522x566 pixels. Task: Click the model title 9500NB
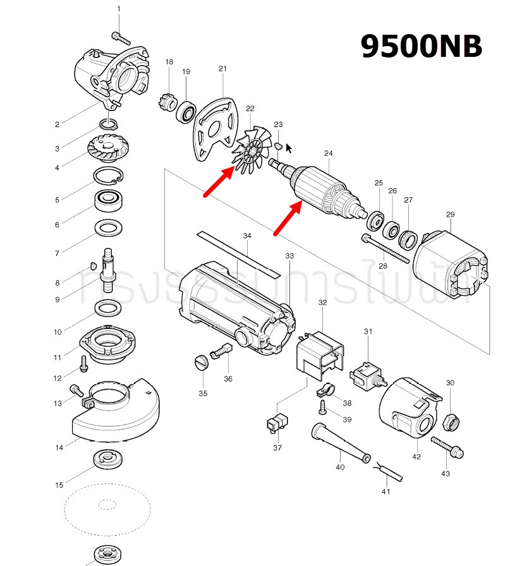[x=422, y=46]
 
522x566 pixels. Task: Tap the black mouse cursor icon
[x=289, y=148]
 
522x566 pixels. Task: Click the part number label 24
[x=328, y=154]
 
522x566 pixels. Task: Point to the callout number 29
[x=450, y=215]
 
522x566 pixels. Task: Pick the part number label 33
[x=289, y=256]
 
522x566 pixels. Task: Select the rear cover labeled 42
[x=411, y=411]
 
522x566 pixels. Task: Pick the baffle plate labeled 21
[x=214, y=129]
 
